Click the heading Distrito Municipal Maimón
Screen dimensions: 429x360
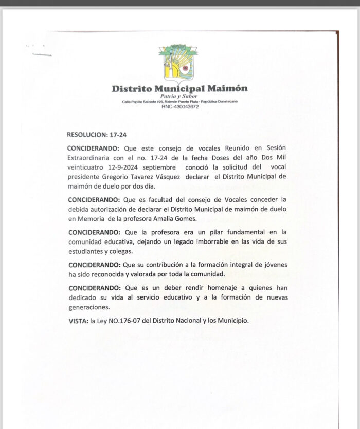(x=179, y=88)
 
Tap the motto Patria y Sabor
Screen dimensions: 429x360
(x=179, y=97)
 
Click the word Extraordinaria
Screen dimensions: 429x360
(x=89, y=158)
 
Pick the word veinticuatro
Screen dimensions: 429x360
(x=86, y=167)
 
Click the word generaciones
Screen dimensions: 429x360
(x=88, y=307)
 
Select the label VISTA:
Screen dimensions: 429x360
(x=78, y=320)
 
